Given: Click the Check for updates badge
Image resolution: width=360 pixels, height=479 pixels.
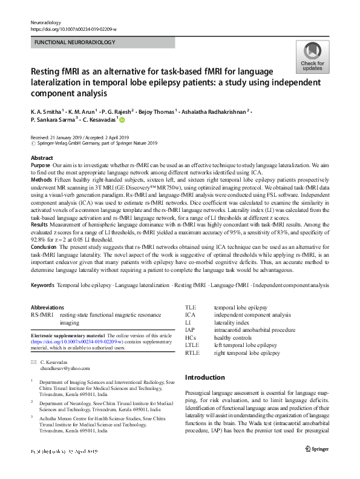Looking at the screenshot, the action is (312, 58).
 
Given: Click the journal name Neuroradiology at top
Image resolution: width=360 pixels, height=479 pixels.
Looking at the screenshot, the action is (47, 21).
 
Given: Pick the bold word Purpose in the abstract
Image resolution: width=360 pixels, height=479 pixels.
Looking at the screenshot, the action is (41, 165).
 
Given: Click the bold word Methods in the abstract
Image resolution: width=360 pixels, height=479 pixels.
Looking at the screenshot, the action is (41, 180).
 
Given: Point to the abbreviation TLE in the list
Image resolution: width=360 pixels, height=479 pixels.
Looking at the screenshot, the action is (191, 307).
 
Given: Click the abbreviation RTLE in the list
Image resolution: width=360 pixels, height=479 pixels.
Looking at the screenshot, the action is (192, 352).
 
